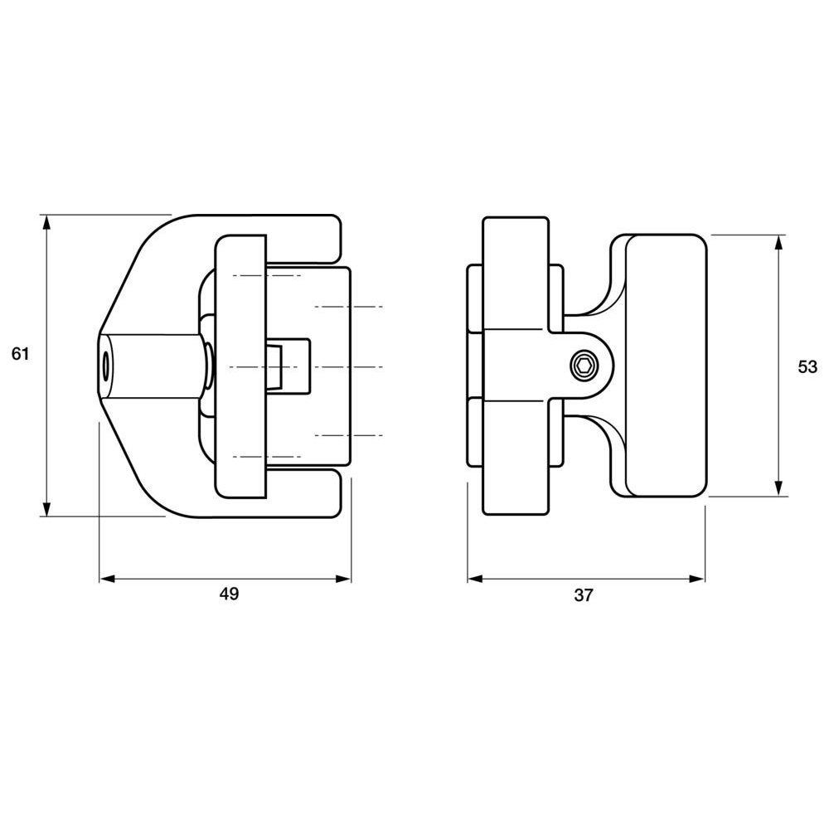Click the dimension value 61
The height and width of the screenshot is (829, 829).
coord(21,354)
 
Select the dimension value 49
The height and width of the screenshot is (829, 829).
coord(229,594)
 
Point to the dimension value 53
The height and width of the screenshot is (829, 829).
coord(807,366)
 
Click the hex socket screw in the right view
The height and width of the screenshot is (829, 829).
coord(584,366)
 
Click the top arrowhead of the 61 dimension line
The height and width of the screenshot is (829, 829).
coord(47,222)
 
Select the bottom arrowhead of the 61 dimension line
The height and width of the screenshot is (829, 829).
coord(47,509)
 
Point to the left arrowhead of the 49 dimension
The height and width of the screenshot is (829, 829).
coord(107,579)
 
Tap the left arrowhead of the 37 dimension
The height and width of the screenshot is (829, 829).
coord(475,579)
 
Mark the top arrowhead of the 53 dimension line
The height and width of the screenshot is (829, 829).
coord(778,242)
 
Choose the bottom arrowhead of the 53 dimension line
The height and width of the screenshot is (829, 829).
coord(778,489)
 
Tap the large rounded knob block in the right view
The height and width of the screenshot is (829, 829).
coord(665,366)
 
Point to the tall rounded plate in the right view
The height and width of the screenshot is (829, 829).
coord(515,366)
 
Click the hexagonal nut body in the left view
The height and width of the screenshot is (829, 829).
coord(153,366)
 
